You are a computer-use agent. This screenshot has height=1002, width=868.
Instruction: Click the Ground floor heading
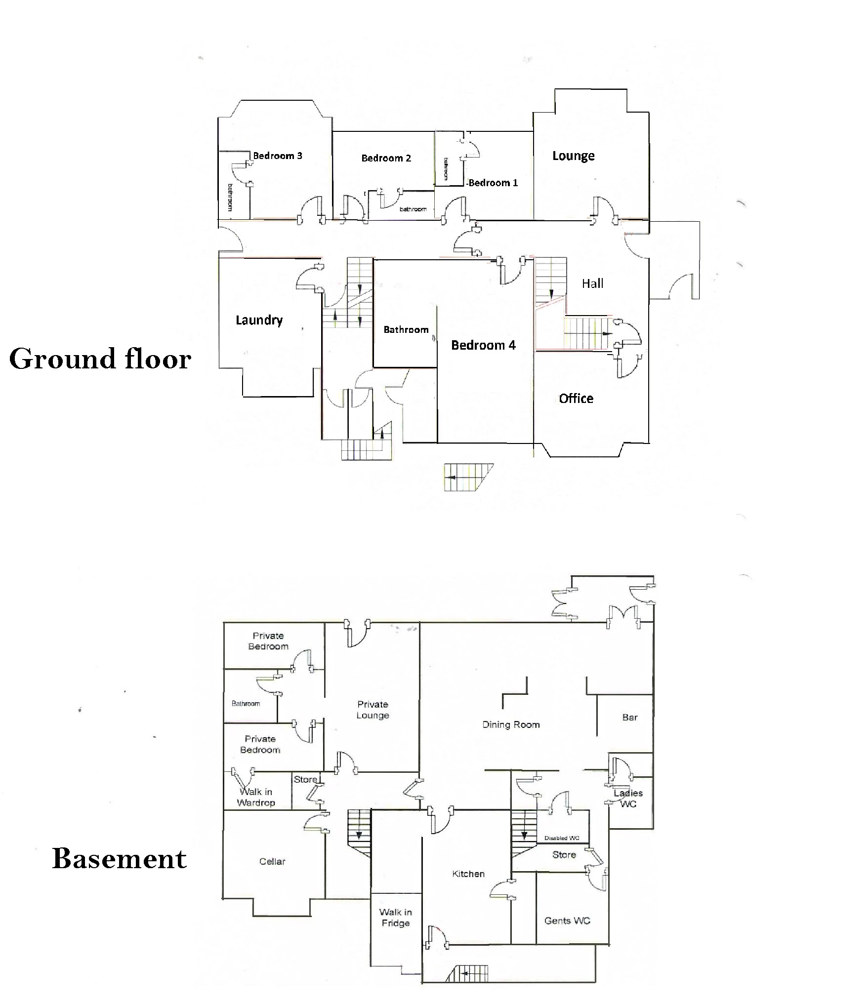pos(100,359)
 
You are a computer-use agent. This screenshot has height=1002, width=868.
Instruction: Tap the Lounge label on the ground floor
pos(573,156)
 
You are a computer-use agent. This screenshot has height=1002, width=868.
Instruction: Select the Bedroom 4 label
pos(483,345)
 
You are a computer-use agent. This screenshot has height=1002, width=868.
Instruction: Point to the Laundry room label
pos(259,320)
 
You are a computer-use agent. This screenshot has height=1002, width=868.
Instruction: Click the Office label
pos(576,399)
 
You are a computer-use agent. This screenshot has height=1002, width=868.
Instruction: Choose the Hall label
pos(592,283)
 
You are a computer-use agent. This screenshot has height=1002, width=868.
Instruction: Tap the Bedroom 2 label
pos(386,158)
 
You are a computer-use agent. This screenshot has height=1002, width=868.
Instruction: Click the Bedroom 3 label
pos(277,156)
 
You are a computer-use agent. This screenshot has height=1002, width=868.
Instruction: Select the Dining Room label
pos(511,725)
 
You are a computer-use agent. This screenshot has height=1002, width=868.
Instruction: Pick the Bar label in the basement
pos(630,718)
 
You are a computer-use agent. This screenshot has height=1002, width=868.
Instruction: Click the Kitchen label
pos(468,874)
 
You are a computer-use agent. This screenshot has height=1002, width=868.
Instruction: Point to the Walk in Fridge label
pos(395,918)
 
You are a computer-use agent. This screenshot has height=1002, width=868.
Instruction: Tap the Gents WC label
pos(567,921)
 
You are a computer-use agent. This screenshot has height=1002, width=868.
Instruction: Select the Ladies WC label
pos(628,799)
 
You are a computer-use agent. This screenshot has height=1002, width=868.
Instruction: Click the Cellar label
pos(272,861)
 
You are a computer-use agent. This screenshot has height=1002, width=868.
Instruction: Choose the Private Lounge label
pos(372,710)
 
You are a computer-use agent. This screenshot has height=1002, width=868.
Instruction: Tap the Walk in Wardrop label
pos(255,797)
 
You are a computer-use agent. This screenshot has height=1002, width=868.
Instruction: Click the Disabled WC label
pos(562,838)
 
